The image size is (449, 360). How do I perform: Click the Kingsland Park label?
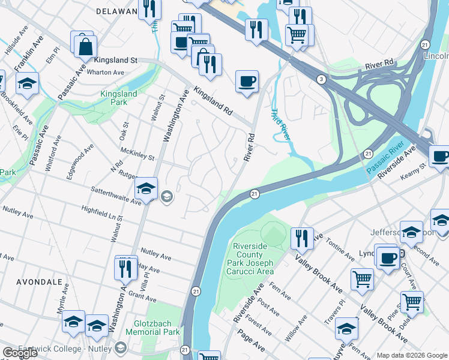click(x=118, y=98)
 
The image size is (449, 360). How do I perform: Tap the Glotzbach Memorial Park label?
click(x=150, y=327)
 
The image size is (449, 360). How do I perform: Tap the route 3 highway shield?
click(x=322, y=79)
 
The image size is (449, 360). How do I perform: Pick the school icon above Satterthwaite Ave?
click(x=146, y=188)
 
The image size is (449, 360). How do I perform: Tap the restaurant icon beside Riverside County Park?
click(x=302, y=238)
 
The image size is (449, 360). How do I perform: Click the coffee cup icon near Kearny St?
click(x=440, y=156)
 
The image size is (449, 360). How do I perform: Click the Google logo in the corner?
click(x=20, y=353)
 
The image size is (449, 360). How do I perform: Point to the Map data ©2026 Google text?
click(x=411, y=355)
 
